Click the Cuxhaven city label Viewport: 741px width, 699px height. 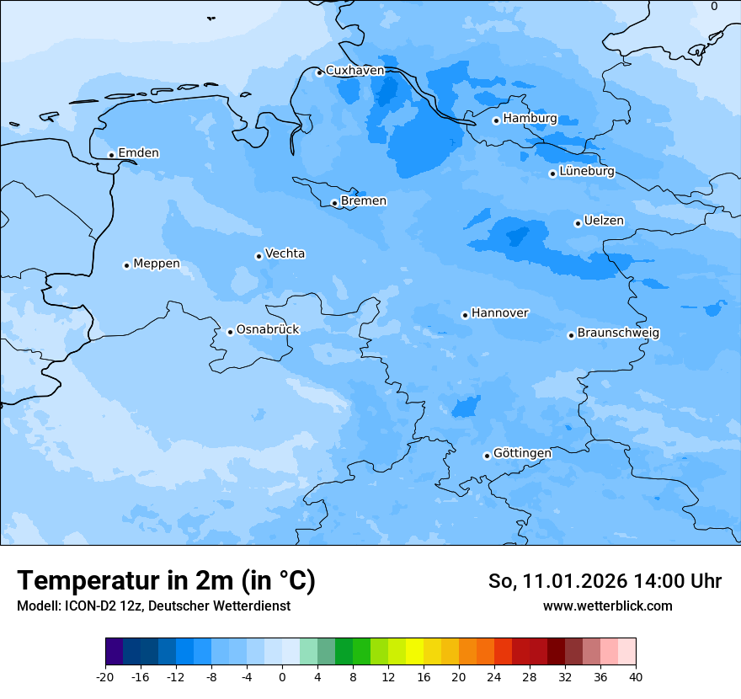[355, 71]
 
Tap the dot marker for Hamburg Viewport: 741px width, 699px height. [496, 120]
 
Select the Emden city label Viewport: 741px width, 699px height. [138, 153]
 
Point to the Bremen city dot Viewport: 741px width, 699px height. [334, 203]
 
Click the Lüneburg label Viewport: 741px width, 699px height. [587, 172]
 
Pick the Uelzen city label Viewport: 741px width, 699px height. [604, 221]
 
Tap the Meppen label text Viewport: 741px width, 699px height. [157, 264]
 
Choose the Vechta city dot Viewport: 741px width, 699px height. [259, 256]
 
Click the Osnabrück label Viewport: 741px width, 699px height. [268, 330]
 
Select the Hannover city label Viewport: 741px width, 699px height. [500, 313]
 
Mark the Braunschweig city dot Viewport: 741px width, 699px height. [571, 335]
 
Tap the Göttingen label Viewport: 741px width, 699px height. [522, 454]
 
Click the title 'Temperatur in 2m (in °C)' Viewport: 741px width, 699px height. [166, 581]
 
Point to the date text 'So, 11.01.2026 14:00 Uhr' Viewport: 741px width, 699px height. [605, 581]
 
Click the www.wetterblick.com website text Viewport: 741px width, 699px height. [607, 606]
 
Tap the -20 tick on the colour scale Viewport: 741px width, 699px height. [105, 677]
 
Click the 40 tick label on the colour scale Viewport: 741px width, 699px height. [635, 677]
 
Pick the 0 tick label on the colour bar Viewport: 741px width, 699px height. [282, 677]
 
